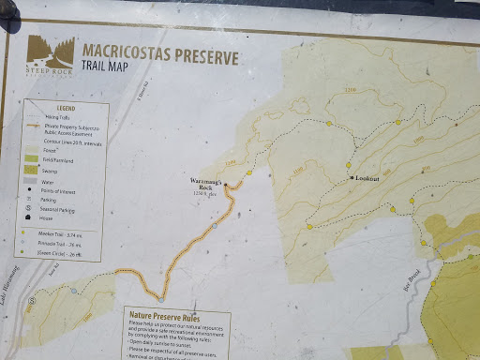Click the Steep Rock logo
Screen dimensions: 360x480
51,52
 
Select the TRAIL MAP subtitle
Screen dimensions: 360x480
108,67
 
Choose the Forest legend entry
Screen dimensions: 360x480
61,150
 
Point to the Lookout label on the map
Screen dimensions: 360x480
367,177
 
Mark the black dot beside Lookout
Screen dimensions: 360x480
352,177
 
